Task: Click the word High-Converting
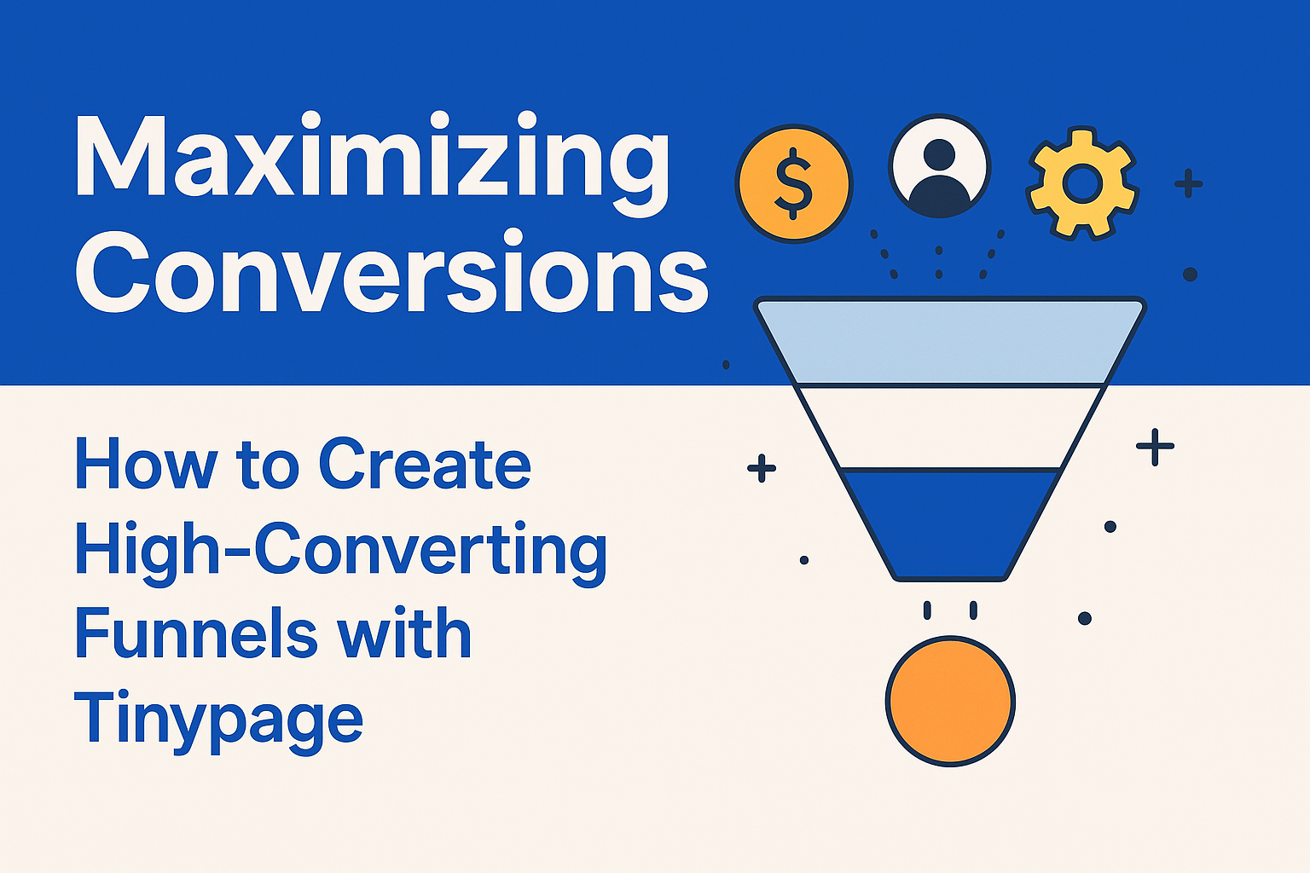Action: [x=341, y=550]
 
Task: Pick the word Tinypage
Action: [x=218, y=719]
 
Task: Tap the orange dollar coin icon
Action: [x=793, y=183]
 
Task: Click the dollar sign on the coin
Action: [x=793, y=183]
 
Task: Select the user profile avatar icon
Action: [x=939, y=167]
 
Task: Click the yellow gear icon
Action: [x=1082, y=183]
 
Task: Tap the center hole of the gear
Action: [x=1082, y=183]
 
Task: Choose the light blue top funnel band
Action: [x=950, y=341]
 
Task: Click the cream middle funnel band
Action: [x=950, y=426]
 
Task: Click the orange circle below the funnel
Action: [x=950, y=701]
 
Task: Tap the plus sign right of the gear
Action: [x=1188, y=183]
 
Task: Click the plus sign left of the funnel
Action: [x=761, y=467]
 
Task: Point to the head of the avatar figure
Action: [x=939, y=155]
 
